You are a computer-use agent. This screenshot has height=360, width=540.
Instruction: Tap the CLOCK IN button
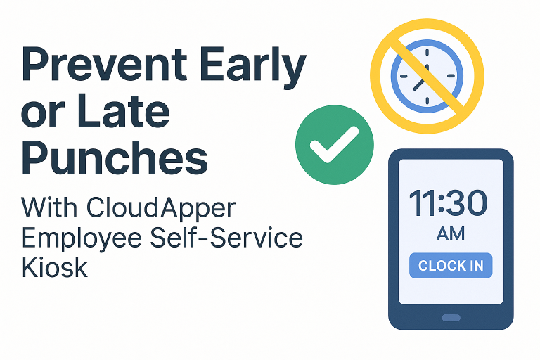click(x=451, y=266)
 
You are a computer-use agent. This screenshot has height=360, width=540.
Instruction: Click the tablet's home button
click(x=451, y=318)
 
